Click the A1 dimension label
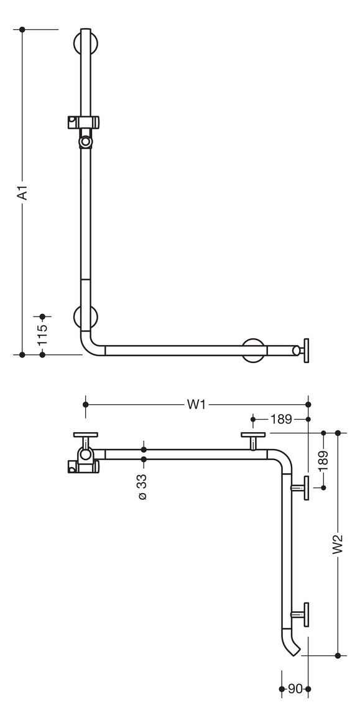(x=22, y=192)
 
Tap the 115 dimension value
(x=42, y=335)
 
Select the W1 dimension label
(x=196, y=404)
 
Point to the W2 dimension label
(x=338, y=544)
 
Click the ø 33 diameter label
(x=143, y=487)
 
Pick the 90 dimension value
(x=295, y=689)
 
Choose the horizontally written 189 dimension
(x=281, y=419)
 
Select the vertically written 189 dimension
(x=323, y=461)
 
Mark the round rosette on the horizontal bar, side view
(x=254, y=350)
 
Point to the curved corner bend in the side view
(x=90, y=344)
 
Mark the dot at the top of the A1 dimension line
(x=22, y=29)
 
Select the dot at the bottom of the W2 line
(x=338, y=655)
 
